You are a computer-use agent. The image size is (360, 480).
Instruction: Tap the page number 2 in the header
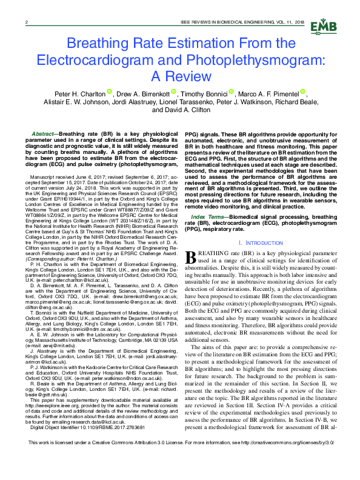coord(27,22)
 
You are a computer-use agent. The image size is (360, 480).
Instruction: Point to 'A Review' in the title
coord(180,77)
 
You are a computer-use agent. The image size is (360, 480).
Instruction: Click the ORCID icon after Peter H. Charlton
coord(110,93)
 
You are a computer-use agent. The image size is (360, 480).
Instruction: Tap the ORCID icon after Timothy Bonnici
coord(232,93)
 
